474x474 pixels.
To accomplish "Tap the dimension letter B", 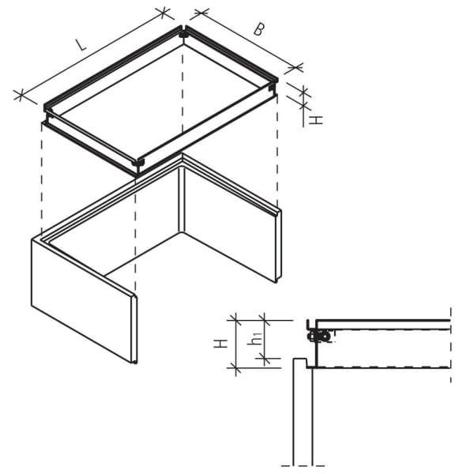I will [x=258, y=29].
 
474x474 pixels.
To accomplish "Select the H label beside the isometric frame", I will [x=314, y=120].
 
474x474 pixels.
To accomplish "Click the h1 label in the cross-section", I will [x=254, y=340].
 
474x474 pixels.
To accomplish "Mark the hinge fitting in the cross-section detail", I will [x=319, y=337].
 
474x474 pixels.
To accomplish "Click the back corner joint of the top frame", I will [x=183, y=32].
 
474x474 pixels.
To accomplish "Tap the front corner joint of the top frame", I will [x=138, y=164].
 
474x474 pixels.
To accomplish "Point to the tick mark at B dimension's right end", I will [x=298, y=68].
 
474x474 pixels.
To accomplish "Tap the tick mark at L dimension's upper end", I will [x=164, y=13].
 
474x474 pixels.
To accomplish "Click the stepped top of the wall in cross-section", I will [x=301, y=362].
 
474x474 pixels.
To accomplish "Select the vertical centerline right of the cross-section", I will [x=450, y=348].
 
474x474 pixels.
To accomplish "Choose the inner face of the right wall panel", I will [x=229, y=221].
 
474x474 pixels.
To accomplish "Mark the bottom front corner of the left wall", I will [x=134, y=362].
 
